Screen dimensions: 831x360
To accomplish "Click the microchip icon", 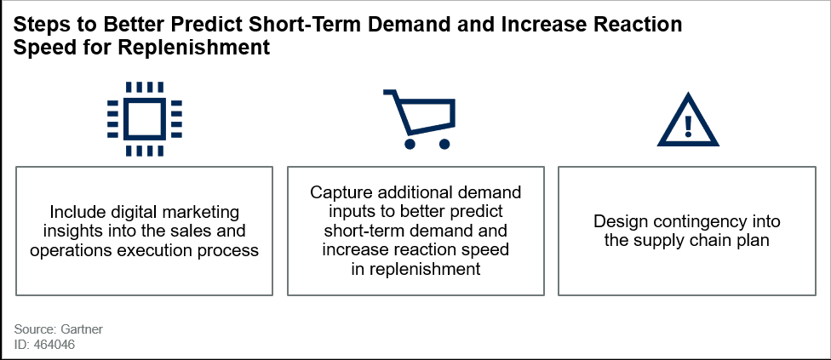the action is (144, 118).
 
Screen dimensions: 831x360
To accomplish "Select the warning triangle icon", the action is (688, 120).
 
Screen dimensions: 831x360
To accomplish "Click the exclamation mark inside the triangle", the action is (689, 125).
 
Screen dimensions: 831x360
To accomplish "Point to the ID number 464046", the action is (54, 345).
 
